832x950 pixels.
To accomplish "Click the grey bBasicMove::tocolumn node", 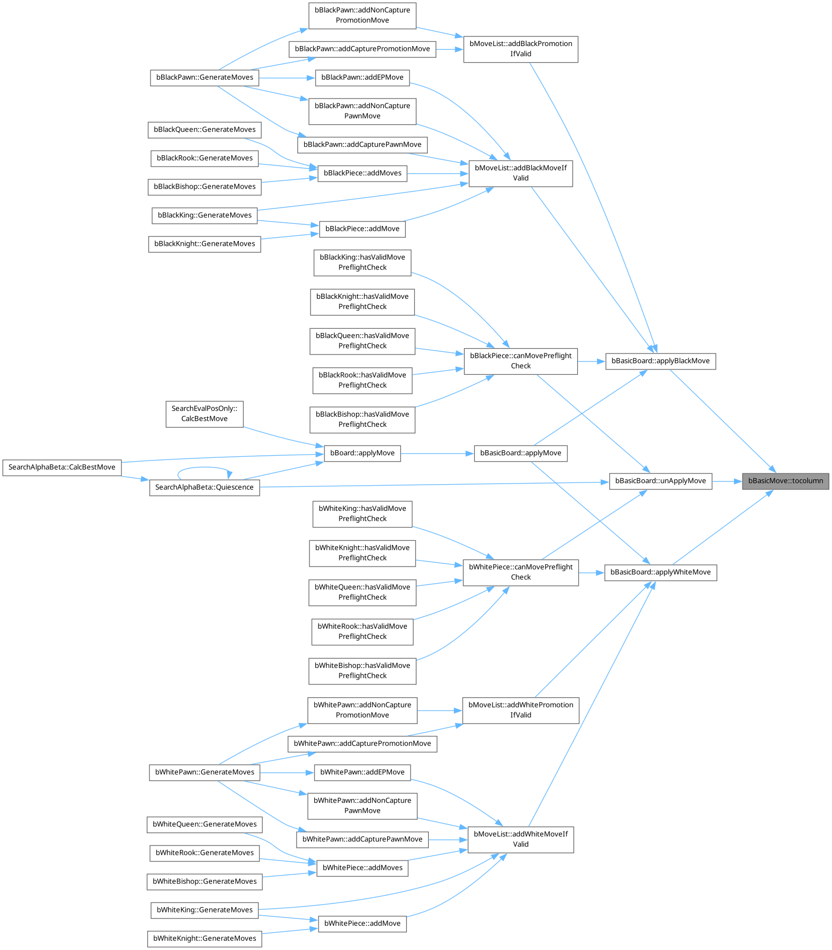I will pos(785,481).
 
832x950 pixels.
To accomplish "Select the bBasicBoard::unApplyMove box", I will pos(660,481).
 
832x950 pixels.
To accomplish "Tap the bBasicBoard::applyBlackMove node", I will pos(660,361).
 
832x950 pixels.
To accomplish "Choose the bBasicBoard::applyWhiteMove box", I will pos(660,572).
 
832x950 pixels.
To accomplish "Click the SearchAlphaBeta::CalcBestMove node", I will pos(62,468).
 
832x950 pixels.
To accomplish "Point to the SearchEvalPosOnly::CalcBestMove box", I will pos(204,414).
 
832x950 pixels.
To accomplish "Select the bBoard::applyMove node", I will pos(362,453).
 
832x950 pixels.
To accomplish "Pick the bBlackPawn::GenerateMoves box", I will pos(205,78).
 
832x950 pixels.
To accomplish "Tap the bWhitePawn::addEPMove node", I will pos(362,772).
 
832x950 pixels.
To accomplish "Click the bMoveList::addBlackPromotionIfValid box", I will pos(520,49).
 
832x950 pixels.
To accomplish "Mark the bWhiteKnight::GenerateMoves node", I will pos(205,938).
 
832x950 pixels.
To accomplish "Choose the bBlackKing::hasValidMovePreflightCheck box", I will pos(362,262).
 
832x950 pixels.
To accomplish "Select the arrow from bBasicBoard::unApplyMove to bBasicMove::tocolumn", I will pos(727,481).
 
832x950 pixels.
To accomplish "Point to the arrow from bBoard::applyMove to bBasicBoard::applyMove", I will pos(437,453).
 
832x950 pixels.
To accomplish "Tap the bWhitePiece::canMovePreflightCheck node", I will pos(520,572).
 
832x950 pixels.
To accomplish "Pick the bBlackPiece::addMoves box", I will pos(362,174).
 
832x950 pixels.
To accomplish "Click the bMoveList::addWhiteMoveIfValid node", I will pos(520,839).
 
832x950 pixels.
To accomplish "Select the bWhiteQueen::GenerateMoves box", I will pos(205,824).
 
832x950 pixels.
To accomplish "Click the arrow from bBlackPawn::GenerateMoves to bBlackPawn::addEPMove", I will pos(286,78).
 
